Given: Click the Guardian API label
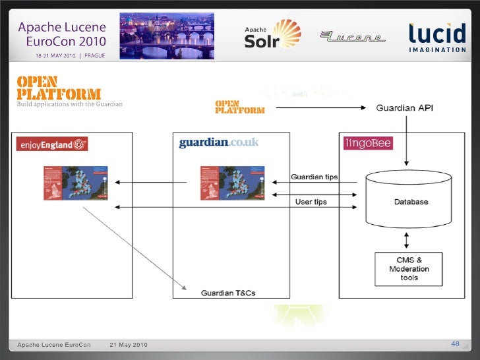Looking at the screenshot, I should [x=405, y=107].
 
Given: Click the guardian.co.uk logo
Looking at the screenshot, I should [x=219, y=142].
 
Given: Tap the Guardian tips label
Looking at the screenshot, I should [x=315, y=177].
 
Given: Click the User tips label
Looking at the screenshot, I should [x=311, y=201].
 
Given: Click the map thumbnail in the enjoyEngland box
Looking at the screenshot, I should [x=75, y=183].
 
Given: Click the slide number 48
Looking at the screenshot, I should [x=455, y=344].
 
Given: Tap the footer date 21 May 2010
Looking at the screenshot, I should [x=129, y=345].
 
